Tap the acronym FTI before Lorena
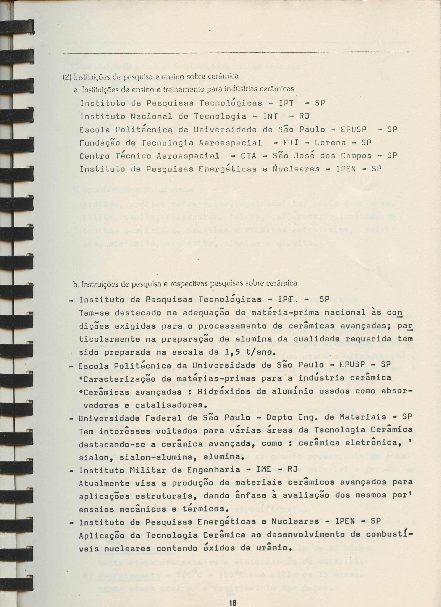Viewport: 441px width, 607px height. coord(291,143)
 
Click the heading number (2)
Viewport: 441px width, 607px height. coord(66,78)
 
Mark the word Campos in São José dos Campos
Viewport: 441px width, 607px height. coord(354,156)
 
